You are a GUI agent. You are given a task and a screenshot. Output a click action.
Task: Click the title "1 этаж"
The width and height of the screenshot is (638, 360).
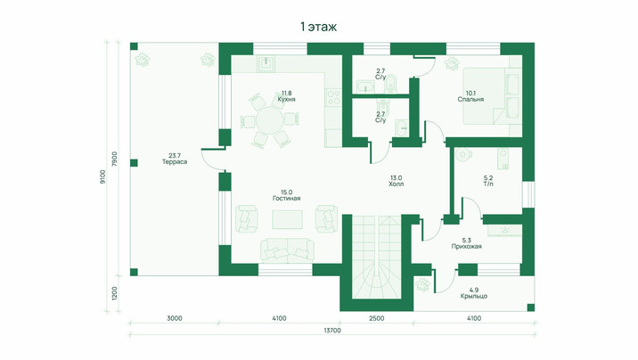pos(319,27)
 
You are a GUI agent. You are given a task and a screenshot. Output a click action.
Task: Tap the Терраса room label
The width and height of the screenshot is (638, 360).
pos(175,162)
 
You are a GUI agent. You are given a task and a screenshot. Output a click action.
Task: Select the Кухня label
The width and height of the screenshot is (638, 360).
pos(286,99)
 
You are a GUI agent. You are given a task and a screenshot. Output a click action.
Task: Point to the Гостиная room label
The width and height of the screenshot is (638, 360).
pos(286,199)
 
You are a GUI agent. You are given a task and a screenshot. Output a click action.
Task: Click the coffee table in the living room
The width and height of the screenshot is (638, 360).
pos(287,220)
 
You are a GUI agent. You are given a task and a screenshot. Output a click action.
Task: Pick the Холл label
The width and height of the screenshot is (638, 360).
pos(396,184)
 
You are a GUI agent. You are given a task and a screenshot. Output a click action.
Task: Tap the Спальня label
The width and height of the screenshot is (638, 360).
pos(470,99)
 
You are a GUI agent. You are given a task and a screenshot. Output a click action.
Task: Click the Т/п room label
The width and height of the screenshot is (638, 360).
pos(488,184)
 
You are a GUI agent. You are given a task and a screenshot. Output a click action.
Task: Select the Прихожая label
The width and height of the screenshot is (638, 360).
pos(467,247)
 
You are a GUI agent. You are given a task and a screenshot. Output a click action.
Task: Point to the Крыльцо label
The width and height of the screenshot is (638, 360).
pos(474,296)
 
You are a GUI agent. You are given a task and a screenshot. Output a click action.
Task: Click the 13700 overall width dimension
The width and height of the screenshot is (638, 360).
pos(332,331)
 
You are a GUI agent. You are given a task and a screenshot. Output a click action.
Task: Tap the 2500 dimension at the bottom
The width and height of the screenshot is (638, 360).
pos(376,318)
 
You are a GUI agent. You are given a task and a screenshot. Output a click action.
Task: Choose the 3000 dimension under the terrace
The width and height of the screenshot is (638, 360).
pos(174,318)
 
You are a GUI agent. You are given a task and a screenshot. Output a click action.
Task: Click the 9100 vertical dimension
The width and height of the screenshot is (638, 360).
pos(102,177)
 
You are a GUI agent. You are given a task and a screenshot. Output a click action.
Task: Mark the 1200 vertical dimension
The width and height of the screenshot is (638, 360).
pos(114,293)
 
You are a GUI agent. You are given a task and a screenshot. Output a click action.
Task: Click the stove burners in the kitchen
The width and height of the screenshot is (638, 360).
pos(334,97)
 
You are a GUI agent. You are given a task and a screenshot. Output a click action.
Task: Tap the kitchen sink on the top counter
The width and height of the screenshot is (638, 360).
pos(266,63)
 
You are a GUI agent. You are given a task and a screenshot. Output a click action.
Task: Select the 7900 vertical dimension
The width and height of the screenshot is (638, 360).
pos(114,159)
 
